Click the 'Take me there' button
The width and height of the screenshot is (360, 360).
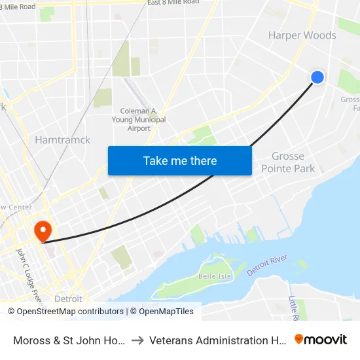[180, 160]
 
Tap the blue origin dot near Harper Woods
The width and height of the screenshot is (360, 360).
[317, 77]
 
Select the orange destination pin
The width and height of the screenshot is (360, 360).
[43, 230]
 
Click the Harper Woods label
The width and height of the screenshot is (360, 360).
[302, 35]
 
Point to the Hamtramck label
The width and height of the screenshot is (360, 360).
[62, 139]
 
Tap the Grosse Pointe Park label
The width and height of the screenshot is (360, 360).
[288, 162]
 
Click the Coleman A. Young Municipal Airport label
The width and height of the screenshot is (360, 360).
[143, 120]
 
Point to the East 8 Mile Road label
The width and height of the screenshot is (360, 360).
[173, 3]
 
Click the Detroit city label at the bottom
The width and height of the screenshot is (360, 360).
[68, 298]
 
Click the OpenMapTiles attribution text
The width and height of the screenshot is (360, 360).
[162, 312]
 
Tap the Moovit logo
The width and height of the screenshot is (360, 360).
[321, 339]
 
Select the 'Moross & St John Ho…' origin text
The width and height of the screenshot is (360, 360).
[69, 340]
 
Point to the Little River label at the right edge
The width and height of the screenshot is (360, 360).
[294, 308]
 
